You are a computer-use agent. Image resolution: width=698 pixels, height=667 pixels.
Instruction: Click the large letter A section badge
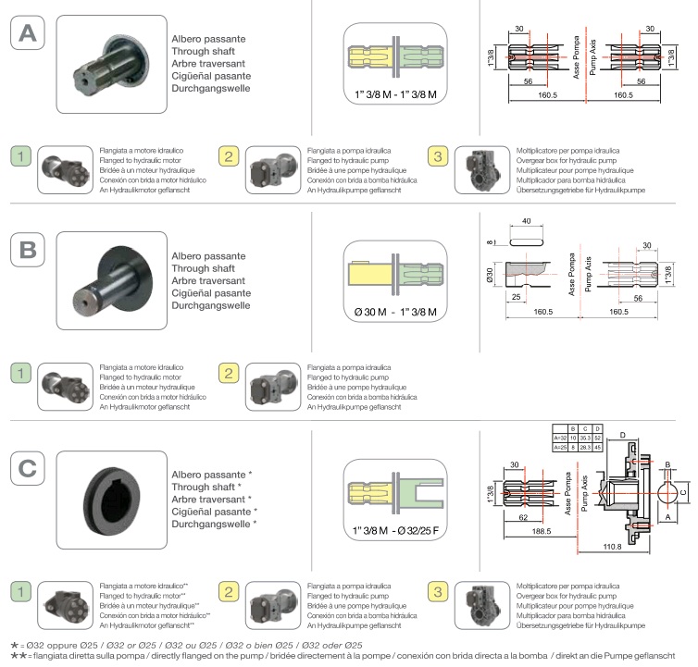[x=28, y=33]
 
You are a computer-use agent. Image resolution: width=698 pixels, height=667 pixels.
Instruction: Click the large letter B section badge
[x=28, y=248]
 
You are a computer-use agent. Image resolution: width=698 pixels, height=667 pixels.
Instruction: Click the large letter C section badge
[x=28, y=469]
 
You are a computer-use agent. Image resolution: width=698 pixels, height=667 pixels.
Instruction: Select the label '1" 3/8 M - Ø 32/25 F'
[x=395, y=530]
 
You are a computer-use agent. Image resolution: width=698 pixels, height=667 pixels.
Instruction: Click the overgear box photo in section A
[x=482, y=169]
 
